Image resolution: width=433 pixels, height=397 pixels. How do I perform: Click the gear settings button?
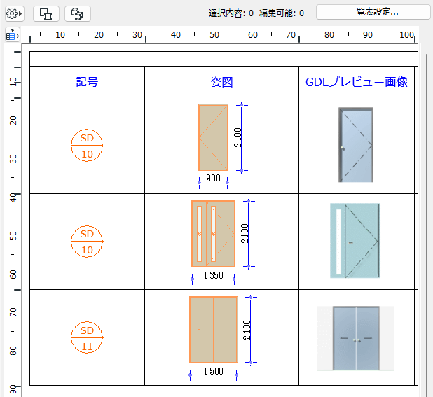coord(14,13)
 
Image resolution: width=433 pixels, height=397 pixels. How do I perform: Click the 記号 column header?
coord(87,82)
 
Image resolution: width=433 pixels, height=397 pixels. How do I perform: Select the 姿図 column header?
coord(221,82)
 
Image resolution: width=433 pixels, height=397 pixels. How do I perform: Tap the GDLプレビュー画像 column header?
coord(357,82)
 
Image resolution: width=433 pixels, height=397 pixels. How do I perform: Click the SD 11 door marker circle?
coord(87,337)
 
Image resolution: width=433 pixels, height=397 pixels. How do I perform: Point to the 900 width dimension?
coord(213,178)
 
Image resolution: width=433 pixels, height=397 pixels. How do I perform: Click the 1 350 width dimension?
coord(213,275)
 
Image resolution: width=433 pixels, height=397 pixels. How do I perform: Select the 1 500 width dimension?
coord(213,371)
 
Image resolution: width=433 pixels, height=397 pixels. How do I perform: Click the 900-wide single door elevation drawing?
coord(213,137)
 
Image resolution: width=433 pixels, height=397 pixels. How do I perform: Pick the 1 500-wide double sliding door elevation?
coord(214,329)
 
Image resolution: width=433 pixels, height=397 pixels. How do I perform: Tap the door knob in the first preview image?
coord(343,148)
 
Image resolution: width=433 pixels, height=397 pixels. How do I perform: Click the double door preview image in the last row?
coord(356,338)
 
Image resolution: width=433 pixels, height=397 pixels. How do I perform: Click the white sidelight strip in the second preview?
coord(338,242)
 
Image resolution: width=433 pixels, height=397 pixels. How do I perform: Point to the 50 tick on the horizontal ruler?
coord(214,35)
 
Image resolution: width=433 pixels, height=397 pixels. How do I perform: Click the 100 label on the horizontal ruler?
coord(406,35)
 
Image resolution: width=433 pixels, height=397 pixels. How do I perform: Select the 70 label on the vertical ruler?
coord(13,312)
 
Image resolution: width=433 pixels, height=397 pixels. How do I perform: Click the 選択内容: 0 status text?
coord(231,13)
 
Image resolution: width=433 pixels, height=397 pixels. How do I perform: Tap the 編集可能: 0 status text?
coord(282,13)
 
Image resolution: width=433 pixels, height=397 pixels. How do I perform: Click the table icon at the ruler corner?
coord(13,35)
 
